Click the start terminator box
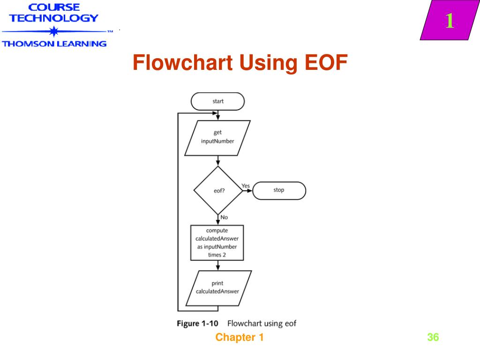pos(217,101)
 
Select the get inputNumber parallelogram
pos(217,137)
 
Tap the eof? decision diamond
pos(217,190)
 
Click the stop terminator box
pos(279,190)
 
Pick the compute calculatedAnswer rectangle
pos(217,243)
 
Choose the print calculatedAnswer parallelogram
pos(217,287)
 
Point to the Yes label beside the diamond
pos(246,186)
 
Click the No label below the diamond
pos(224,217)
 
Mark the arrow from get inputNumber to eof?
pos(217,161)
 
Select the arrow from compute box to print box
pos(217,266)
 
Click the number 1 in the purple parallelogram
pos(449,21)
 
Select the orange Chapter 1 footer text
pos(240,337)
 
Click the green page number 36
pos(433,337)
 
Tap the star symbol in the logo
pos(54,32)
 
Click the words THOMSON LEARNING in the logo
pos(54,44)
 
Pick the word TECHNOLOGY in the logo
pos(54,19)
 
